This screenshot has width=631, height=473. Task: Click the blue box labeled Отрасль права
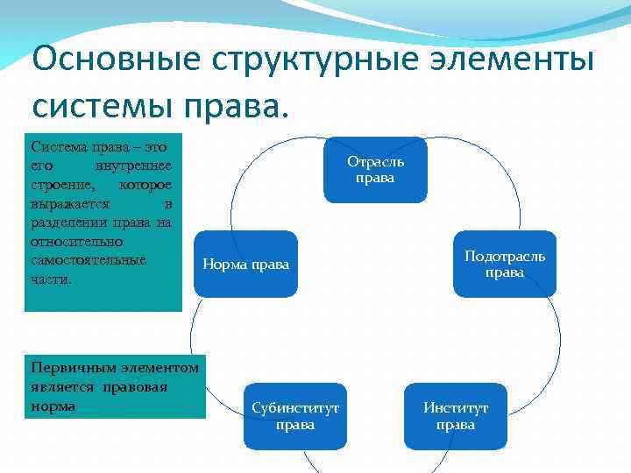(x=375, y=169)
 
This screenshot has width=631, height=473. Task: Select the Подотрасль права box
(x=505, y=264)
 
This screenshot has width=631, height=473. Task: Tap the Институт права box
(x=456, y=416)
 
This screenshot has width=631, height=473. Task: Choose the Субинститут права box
(x=295, y=416)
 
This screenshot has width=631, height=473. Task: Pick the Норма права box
(x=245, y=264)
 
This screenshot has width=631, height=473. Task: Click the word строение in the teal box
(x=59, y=185)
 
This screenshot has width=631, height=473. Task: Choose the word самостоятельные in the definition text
(x=89, y=260)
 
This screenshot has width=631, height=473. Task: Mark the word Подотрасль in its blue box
(x=505, y=256)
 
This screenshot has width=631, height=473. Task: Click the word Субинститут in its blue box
(x=295, y=408)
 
